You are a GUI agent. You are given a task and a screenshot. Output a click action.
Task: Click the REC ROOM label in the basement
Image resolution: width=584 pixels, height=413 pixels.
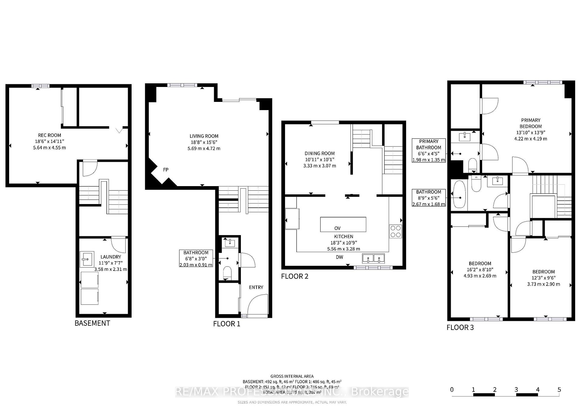click(x=49, y=135)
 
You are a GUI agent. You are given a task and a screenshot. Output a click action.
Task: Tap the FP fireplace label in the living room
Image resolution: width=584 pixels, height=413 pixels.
click(x=165, y=170)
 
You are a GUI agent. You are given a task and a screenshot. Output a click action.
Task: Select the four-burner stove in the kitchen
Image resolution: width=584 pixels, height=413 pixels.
click(x=395, y=231)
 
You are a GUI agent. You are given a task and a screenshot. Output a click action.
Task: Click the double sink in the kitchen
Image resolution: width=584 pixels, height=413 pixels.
click(x=373, y=259)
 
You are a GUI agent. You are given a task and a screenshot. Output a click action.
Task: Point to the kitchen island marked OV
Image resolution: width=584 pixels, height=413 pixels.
click(x=343, y=224)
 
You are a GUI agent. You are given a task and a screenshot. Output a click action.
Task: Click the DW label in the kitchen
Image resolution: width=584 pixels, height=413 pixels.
click(x=339, y=257)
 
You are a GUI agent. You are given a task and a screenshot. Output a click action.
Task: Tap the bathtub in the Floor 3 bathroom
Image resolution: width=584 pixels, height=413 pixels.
click(x=459, y=194)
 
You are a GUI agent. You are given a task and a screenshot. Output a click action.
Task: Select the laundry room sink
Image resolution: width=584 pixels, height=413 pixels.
click(x=87, y=259)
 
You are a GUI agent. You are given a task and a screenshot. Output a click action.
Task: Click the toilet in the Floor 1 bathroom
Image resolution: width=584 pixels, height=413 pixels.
click(x=227, y=272)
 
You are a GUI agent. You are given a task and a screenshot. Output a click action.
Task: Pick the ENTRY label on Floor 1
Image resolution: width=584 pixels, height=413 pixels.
click(x=256, y=287)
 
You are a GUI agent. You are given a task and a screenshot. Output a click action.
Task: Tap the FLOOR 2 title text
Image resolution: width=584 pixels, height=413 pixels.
click(x=294, y=276)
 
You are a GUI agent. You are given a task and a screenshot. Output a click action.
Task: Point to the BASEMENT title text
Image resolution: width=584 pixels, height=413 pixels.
click(x=92, y=323)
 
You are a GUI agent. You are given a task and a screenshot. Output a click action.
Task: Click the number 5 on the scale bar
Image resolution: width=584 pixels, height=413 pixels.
click(x=559, y=390)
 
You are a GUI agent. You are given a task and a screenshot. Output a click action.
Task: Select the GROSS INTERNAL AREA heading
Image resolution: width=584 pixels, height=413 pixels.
click(x=292, y=376)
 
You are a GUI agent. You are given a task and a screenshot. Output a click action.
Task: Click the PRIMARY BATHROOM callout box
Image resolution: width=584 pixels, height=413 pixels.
click(x=429, y=151)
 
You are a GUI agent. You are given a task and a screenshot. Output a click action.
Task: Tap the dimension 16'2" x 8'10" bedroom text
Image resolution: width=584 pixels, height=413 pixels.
click(x=480, y=270)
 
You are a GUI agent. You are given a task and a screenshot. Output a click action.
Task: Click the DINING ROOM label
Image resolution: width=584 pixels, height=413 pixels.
click(x=319, y=154)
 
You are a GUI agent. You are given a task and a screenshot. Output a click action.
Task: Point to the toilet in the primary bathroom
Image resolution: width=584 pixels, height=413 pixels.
click(x=472, y=165)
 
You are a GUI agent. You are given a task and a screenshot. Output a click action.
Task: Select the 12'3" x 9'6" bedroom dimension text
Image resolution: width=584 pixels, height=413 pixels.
click(x=543, y=278)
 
